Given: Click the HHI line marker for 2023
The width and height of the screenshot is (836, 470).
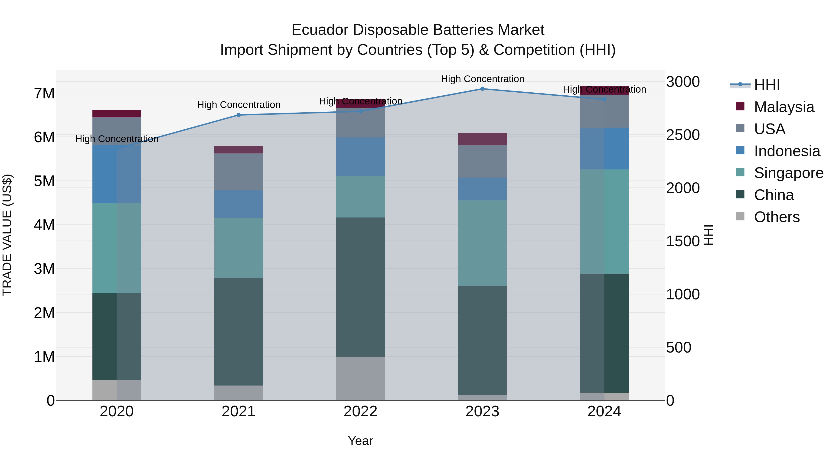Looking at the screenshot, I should pos(482,89).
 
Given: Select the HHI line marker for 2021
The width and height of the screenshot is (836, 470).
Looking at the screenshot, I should pos(238,115).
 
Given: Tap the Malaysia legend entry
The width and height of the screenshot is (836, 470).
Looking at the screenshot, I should pos(784,107).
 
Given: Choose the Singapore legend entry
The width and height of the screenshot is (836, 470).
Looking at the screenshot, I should pos(788,173).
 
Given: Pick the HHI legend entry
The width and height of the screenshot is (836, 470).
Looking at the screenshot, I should pos(767,85).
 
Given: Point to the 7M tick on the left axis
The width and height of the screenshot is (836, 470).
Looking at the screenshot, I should pos(44,93).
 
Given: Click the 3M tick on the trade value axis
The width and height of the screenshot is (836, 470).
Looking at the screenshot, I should pos(44,269).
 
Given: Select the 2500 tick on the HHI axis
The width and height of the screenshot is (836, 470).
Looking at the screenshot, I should pos(683,135).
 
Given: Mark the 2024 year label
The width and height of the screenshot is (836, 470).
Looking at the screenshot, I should pos(604,412).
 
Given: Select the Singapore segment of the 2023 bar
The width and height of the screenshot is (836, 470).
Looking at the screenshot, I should pos(482,243).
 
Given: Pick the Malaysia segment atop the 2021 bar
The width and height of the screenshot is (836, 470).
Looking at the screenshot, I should pos(238,149).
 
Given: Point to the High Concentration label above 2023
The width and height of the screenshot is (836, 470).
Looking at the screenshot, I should pos(482,79).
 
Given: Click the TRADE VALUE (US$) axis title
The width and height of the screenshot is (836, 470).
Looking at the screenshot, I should pos(7,235).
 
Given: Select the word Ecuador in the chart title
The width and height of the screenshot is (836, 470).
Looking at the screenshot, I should pos(320,30).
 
